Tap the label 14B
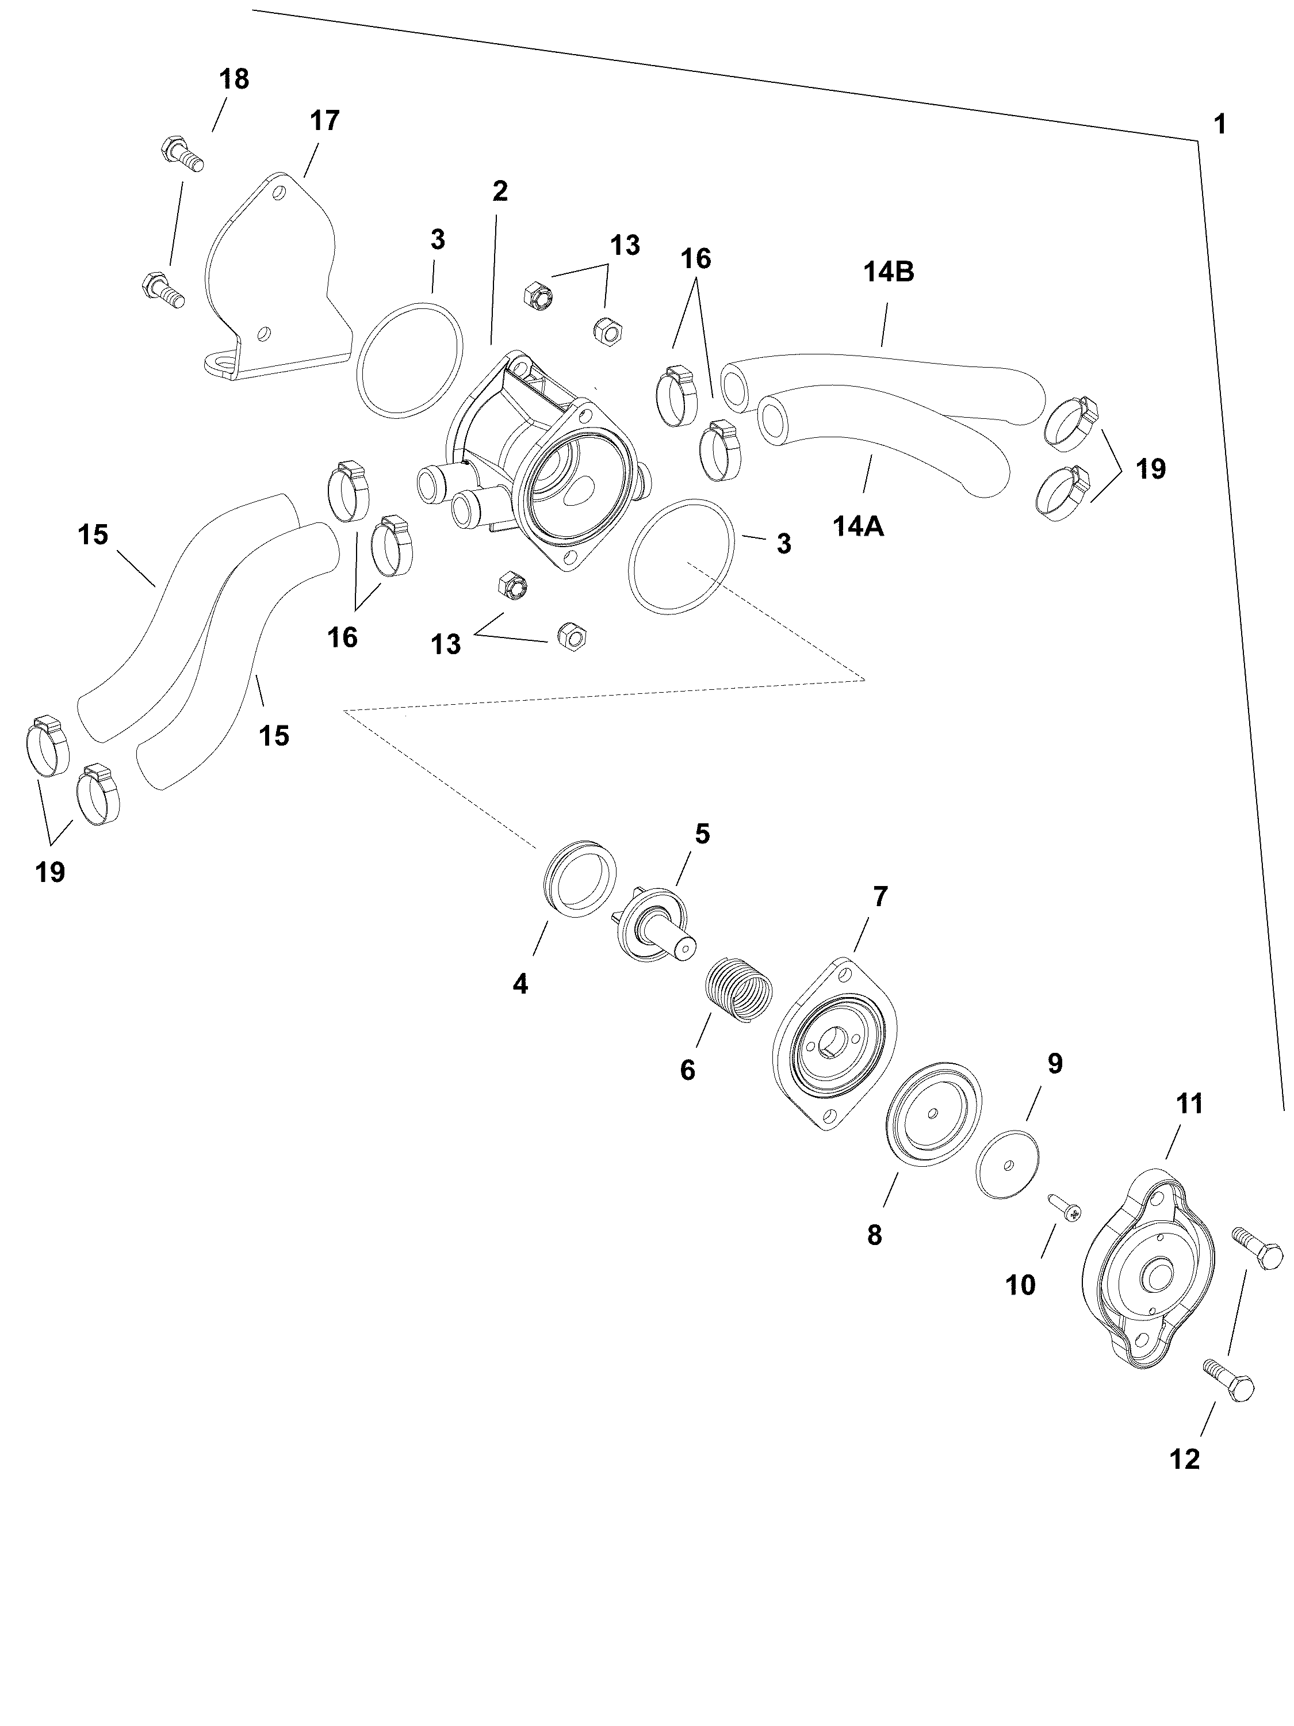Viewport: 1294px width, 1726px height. (889, 272)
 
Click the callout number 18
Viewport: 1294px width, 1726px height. (234, 79)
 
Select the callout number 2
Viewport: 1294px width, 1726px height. (500, 191)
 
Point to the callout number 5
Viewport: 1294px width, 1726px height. (702, 834)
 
